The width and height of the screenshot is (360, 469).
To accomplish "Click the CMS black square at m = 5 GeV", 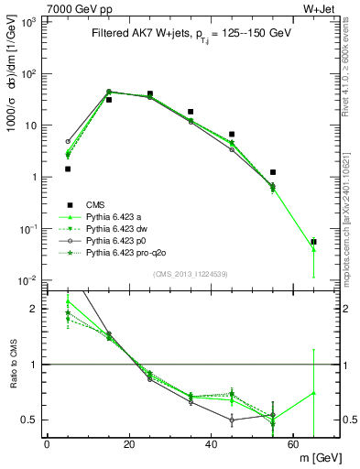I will [x=68, y=169].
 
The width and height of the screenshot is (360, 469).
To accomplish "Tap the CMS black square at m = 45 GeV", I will [x=232, y=135].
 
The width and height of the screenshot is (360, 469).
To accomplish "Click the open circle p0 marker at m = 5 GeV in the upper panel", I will [x=68, y=142].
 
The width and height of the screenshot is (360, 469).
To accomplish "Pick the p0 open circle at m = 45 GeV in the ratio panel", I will [x=232, y=420].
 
